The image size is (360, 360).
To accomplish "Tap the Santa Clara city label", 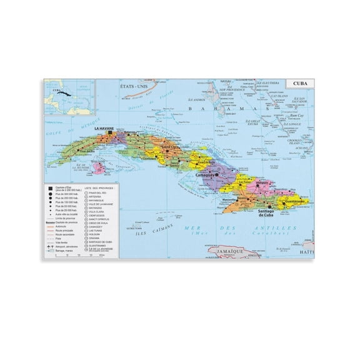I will [x=152, y=146].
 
